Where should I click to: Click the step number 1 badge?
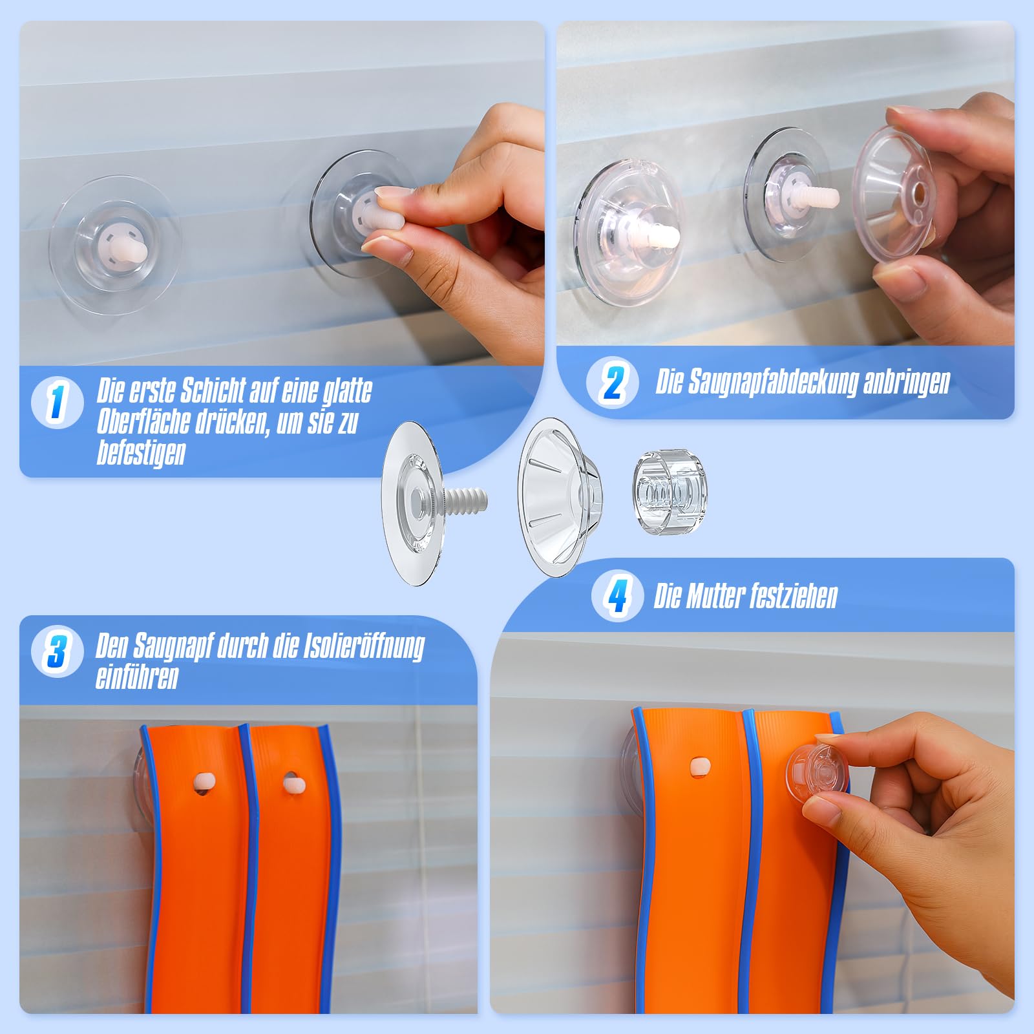(57, 402)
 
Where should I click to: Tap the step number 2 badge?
(612, 383)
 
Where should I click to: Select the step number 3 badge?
(57, 651)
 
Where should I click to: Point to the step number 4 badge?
(617, 596)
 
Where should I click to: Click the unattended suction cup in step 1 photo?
(114, 245)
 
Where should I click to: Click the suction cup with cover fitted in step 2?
(629, 232)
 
